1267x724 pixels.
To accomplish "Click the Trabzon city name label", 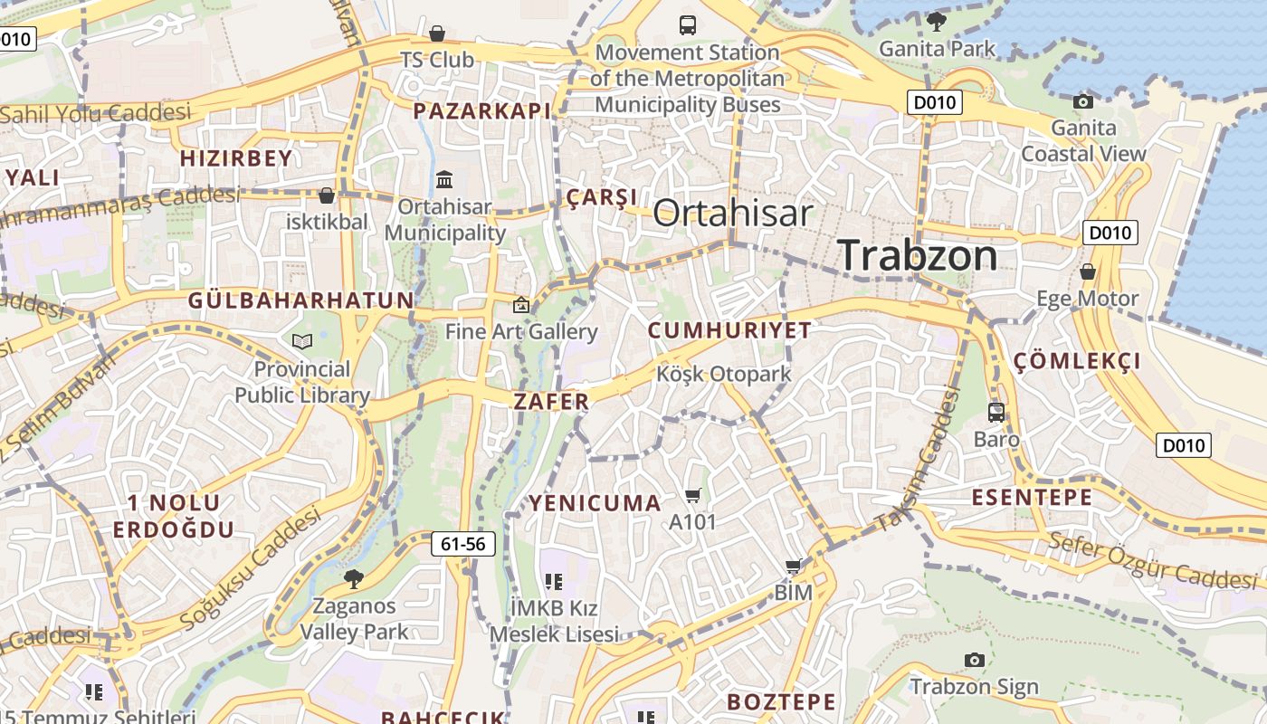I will pyautogui.click(x=918, y=255).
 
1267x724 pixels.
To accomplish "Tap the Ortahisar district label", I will pyautogui.click(x=732, y=213).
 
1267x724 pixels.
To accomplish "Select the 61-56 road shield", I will pyautogui.click(x=463, y=544).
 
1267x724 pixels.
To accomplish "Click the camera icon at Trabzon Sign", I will pyautogui.click(x=974, y=660).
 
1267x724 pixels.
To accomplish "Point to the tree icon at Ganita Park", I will pyautogui.click(x=937, y=21).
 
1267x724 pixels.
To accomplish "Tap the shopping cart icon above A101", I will pyautogui.click(x=693, y=495).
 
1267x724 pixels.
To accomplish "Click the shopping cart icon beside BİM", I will pyautogui.click(x=794, y=567).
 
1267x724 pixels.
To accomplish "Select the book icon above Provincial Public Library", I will pyautogui.click(x=302, y=341).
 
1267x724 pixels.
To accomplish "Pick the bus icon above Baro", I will pyautogui.click(x=996, y=413).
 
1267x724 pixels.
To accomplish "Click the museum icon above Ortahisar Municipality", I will pyautogui.click(x=444, y=180).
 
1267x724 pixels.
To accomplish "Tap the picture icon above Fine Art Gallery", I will pyautogui.click(x=520, y=305).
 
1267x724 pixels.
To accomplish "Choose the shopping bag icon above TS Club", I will pyautogui.click(x=437, y=33).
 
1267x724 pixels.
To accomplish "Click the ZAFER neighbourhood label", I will pyautogui.click(x=551, y=401).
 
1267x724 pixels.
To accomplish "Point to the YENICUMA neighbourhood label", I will pyautogui.click(x=595, y=503).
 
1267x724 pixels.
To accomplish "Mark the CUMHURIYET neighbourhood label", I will pyautogui.click(x=729, y=330).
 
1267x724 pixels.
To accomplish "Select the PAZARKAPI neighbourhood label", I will pyautogui.click(x=481, y=110).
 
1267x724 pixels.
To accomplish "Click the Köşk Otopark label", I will pyautogui.click(x=723, y=374).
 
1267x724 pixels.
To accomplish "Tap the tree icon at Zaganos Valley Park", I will pyautogui.click(x=353, y=578).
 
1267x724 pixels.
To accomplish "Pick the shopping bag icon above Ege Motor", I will pyautogui.click(x=1087, y=271).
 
